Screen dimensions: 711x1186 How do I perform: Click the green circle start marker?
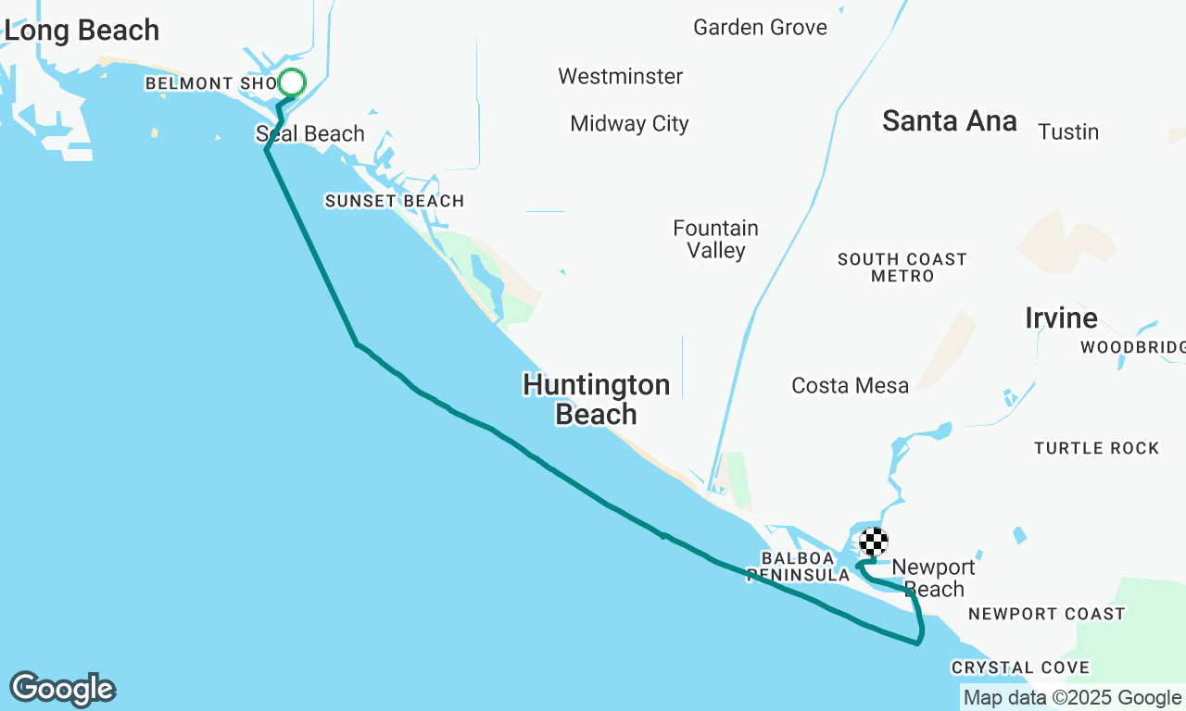pos(292,83)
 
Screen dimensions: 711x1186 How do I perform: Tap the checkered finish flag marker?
pos(874,542)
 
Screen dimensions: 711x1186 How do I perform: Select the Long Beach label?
pos(82,31)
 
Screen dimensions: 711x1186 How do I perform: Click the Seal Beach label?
pos(310,134)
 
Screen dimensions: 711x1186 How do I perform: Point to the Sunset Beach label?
pos(394,201)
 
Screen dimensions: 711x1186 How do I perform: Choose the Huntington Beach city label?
pos(596,399)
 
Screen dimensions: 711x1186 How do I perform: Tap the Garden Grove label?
pos(760,28)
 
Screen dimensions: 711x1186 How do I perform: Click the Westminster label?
pos(621,77)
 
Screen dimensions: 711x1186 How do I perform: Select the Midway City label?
pos(629,124)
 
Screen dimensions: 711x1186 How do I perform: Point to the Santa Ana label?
pos(950,121)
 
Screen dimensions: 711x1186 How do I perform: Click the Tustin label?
pos(1068,132)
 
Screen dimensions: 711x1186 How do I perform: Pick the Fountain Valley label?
pos(716,239)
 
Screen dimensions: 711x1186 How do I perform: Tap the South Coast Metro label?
pos(902,268)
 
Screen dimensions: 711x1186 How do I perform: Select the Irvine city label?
pos(1061,318)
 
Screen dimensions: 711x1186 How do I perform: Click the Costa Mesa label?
pos(850,386)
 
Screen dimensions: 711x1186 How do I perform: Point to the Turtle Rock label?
pos(1096,448)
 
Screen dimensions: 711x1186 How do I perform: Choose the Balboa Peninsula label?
pos(799,567)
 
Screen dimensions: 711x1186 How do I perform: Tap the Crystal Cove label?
pos(1020,667)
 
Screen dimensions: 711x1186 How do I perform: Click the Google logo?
pos(62,690)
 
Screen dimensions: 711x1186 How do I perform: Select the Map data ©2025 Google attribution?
pos(1072,698)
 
